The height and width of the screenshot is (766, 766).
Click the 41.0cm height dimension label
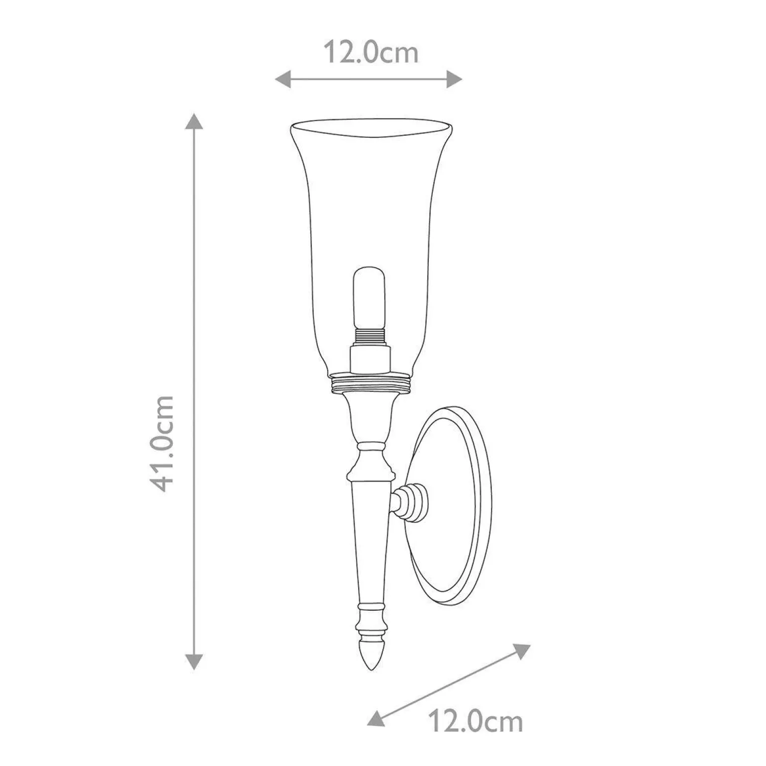click(164, 444)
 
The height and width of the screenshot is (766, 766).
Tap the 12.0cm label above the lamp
click(371, 52)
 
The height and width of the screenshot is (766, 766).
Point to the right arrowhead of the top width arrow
click(455, 79)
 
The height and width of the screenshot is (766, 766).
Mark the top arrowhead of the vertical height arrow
click(194, 121)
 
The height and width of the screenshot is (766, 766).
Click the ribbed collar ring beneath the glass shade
click(371, 383)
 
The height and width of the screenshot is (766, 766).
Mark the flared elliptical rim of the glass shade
click(371, 127)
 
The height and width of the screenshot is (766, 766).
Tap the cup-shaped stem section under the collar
click(371, 415)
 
